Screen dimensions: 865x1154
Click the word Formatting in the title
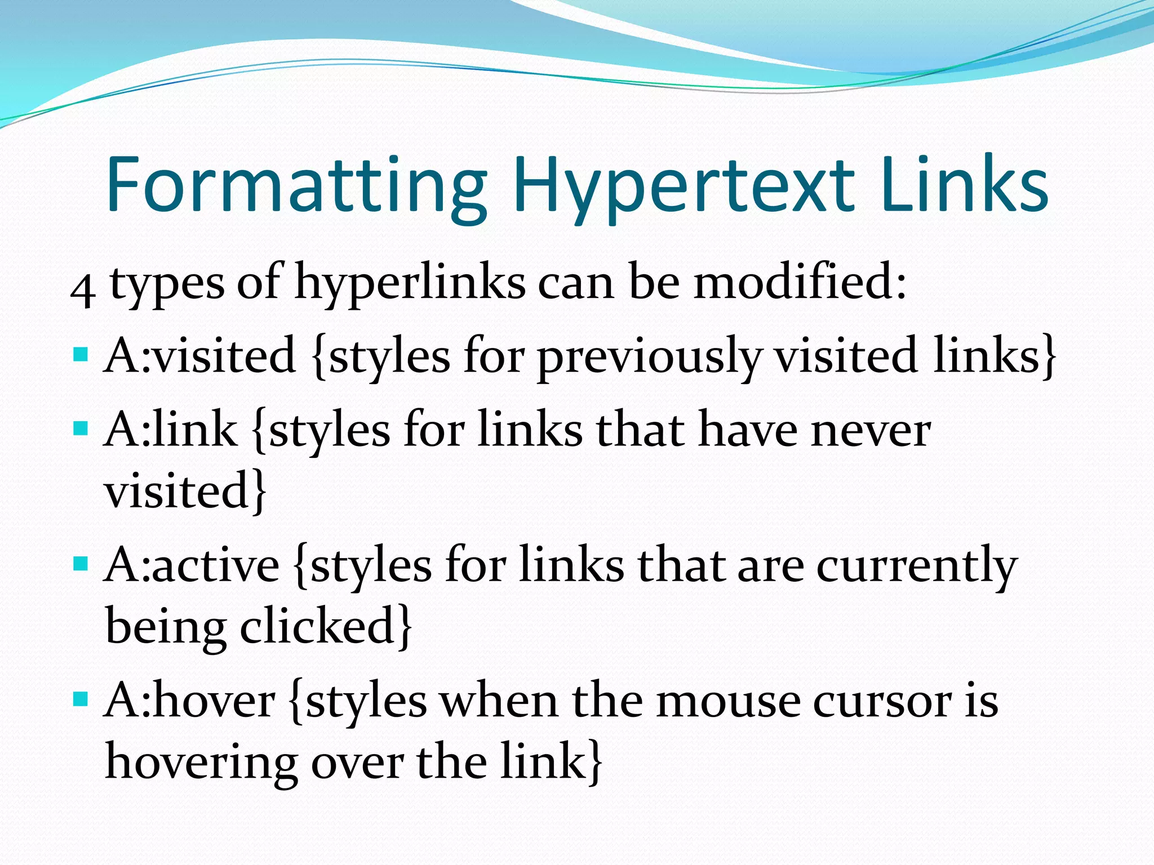click(x=296, y=186)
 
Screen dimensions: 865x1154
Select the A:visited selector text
click(x=201, y=355)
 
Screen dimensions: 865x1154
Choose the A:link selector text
click(x=171, y=429)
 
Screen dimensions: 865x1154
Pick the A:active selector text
click(x=192, y=565)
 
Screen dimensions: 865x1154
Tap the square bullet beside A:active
click(x=81, y=564)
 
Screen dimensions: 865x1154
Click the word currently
click(x=917, y=566)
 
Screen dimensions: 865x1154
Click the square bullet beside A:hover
click(x=81, y=700)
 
